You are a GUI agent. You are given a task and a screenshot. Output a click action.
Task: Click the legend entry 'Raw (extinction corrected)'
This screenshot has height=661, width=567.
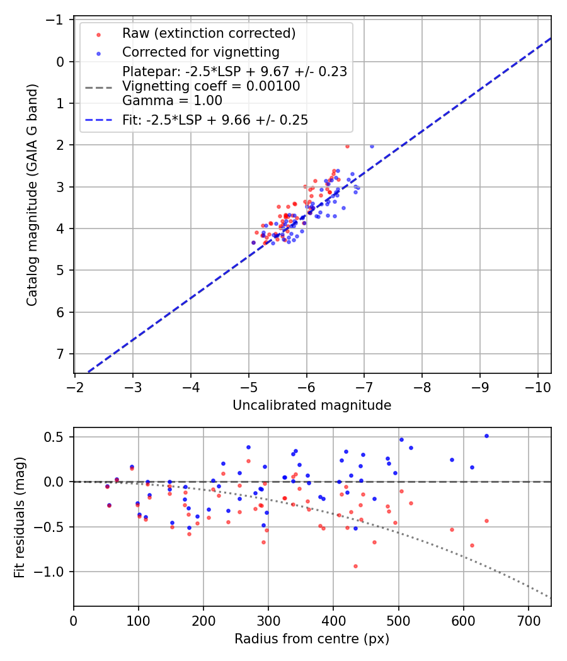[209, 33]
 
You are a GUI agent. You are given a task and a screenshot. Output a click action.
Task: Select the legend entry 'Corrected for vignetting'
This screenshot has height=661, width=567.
[200, 52]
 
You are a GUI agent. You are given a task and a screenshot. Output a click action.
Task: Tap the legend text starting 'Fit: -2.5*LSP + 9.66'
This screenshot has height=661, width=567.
[215, 120]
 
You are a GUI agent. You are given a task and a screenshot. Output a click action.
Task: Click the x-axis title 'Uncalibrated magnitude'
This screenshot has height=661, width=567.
[312, 405]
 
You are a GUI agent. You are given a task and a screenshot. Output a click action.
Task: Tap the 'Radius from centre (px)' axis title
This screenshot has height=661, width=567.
[312, 639]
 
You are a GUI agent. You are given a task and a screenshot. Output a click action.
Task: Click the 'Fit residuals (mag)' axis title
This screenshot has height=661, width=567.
[20, 516]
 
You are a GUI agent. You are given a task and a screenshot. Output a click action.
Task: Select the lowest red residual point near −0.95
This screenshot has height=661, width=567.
[355, 566]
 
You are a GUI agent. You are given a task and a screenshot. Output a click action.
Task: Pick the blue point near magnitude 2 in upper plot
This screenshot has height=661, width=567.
[372, 146]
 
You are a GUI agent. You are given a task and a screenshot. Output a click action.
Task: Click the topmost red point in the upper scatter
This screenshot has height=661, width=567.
[347, 146]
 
